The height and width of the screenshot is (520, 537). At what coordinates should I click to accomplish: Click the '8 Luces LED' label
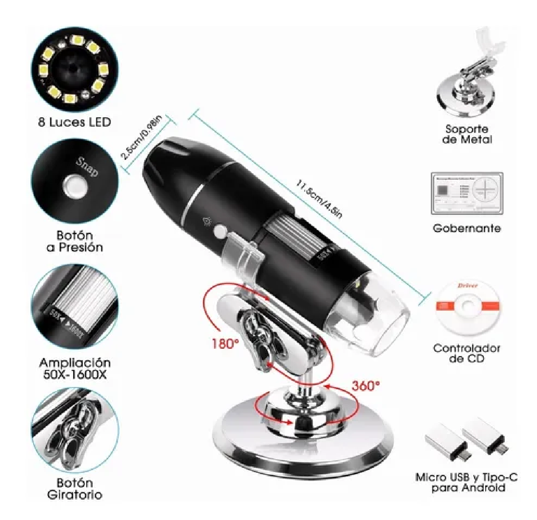74,122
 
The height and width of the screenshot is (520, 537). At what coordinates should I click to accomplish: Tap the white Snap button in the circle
74,186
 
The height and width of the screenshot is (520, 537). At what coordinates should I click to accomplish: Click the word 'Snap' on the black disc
87,167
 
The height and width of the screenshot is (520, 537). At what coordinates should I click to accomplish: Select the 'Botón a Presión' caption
74,241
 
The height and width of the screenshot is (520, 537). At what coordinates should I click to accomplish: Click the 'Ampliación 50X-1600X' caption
74,368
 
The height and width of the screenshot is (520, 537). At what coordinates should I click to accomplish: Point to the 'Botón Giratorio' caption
74,489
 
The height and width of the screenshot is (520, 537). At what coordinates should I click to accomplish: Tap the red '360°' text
365,386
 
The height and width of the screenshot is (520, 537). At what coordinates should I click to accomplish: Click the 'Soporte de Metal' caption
466,134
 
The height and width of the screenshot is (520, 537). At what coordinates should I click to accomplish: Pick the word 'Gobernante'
466,228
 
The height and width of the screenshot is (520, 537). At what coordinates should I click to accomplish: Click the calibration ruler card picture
466,193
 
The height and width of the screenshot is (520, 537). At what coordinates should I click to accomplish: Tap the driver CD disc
467,306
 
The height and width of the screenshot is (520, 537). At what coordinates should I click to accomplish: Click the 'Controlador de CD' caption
466,353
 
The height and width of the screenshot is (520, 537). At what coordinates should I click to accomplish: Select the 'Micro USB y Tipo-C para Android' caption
466,482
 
